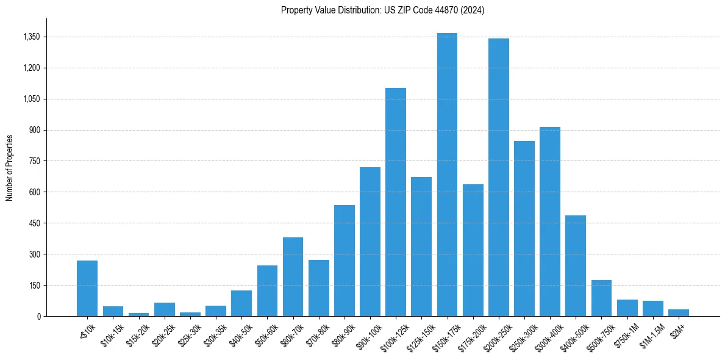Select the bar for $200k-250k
[498, 177]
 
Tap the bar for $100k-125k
[396, 202]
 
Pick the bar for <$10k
[87, 288]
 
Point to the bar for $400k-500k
[576, 265]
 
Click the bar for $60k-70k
[293, 276]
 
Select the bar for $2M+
[678, 313]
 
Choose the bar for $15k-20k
[138, 314]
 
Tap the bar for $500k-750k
[601, 298]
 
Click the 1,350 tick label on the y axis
[31, 37]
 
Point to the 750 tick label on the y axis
[35, 161]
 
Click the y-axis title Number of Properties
[9, 167]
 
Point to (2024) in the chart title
[473, 10]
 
